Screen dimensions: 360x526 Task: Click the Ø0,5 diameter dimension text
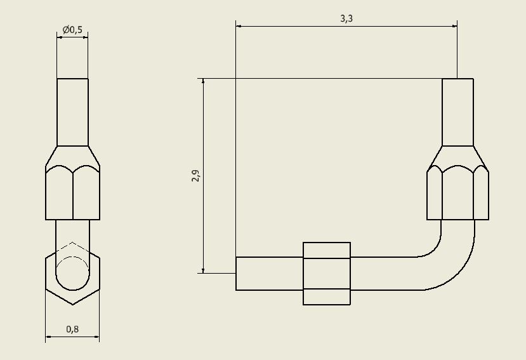pyautogui.click(x=72, y=30)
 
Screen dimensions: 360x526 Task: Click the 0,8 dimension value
pyautogui.click(x=72, y=329)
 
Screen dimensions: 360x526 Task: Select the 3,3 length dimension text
pyautogui.click(x=346, y=18)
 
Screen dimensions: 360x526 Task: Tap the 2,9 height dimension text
pyautogui.click(x=195, y=176)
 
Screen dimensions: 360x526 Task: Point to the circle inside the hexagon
pyautogui.click(x=72, y=274)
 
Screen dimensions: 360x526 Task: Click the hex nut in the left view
pyautogui.click(x=72, y=193)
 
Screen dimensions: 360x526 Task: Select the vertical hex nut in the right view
pyautogui.click(x=457, y=194)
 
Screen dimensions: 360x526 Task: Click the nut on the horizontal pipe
pyautogui.click(x=327, y=274)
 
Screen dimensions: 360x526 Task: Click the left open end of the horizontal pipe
pyautogui.click(x=237, y=274)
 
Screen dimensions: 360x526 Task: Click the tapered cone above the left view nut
pyautogui.click(x=72, y=156)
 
